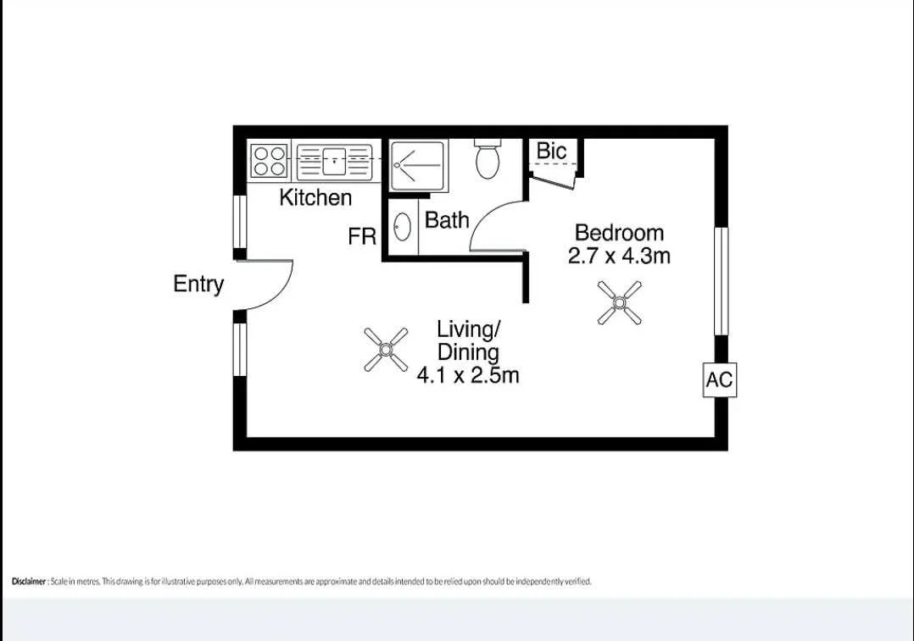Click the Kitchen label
[x=315, y=198]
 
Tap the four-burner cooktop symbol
[x=270, y=161]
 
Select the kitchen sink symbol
[x=335, y=160]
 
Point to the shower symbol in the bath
[x=416, y=166]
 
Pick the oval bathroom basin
[x=403, y=227]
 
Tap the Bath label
[x=447, y=221]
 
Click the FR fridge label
[x=362, y=237]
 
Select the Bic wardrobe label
[x=551, y=152]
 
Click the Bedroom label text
[x=619, y=233]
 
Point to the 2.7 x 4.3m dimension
[x=619, y=256]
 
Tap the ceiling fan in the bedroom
[x=619, y=302]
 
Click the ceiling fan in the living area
[x=386, y=350]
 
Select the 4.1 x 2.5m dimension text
[x=467, y=375]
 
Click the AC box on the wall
[x=719, y=380]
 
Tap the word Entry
[x=198, y=285]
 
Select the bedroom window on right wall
[x=720, y=280]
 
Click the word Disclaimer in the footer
[x=29, y=582]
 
